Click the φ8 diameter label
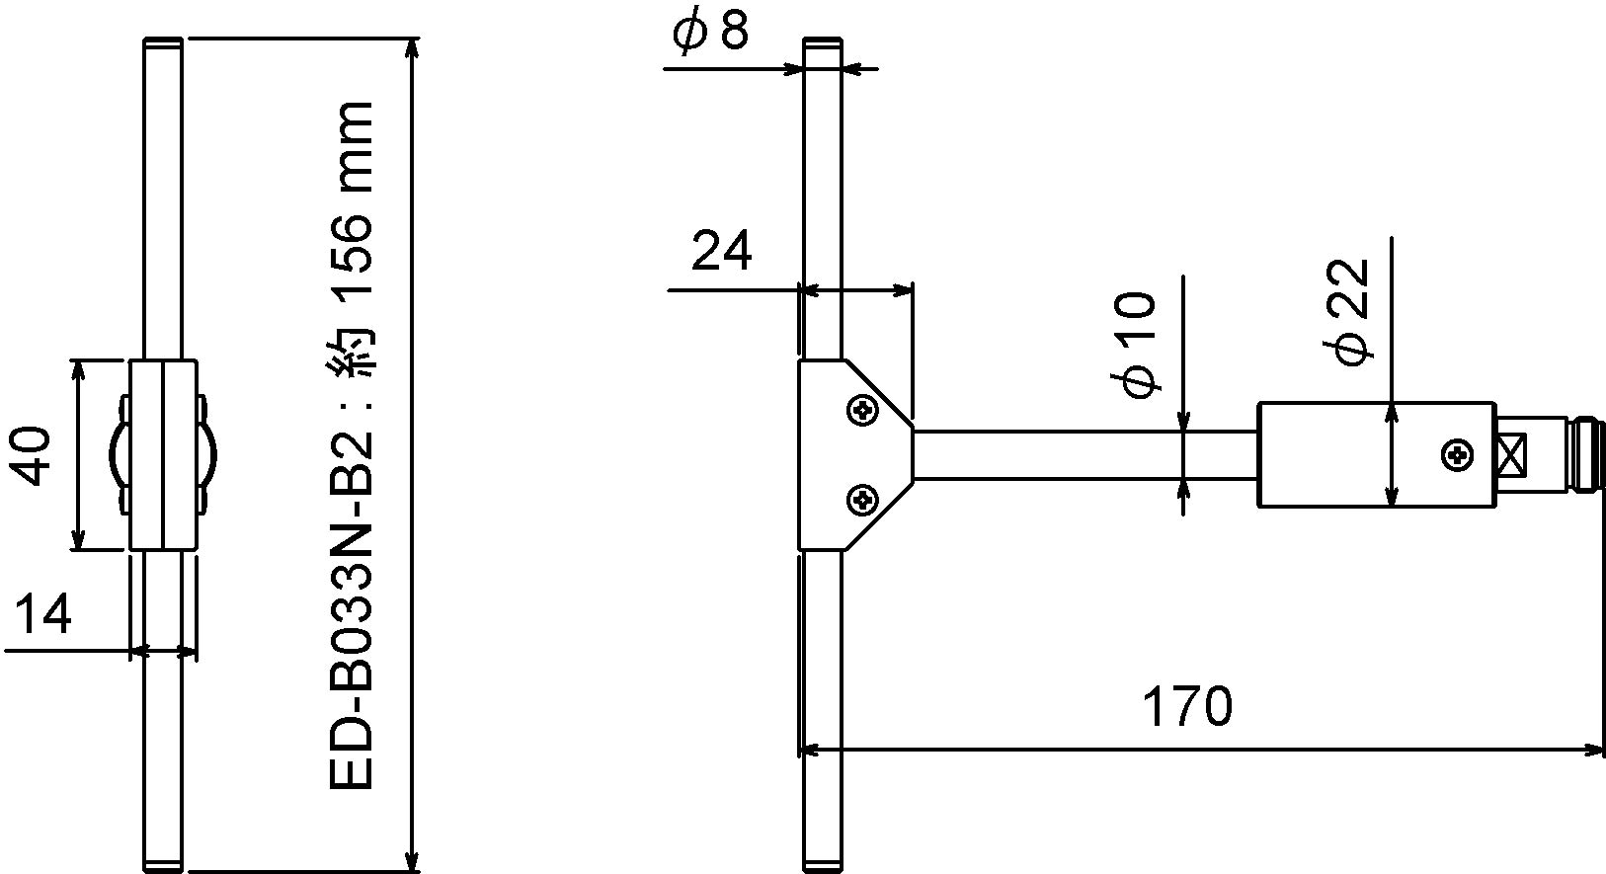710,32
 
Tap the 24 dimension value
721,251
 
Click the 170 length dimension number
1186,706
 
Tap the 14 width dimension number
43,613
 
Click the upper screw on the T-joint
862,411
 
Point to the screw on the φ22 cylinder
1458,454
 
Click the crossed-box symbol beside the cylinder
1513,454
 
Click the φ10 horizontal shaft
1085,454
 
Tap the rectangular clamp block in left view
164,454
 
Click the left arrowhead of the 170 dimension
810,750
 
